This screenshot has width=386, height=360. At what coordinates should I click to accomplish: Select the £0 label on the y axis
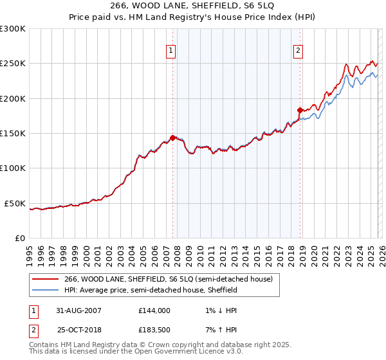tap(19, 238)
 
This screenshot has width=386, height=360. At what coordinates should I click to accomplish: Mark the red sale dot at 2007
tap(172, 137)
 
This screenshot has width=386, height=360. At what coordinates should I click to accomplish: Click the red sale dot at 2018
tap(300, 110)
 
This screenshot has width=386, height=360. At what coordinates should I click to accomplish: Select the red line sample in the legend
tap(46, 279)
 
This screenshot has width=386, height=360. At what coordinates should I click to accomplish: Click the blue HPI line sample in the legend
tap(46, 290)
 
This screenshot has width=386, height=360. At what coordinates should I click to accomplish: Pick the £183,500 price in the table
tap(154, 330)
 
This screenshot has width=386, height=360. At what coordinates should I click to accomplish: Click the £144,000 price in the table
tap(154, 310)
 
